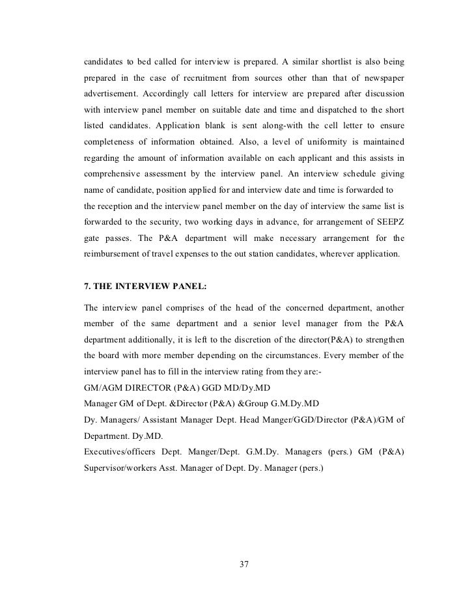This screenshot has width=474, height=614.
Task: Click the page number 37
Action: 244,564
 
